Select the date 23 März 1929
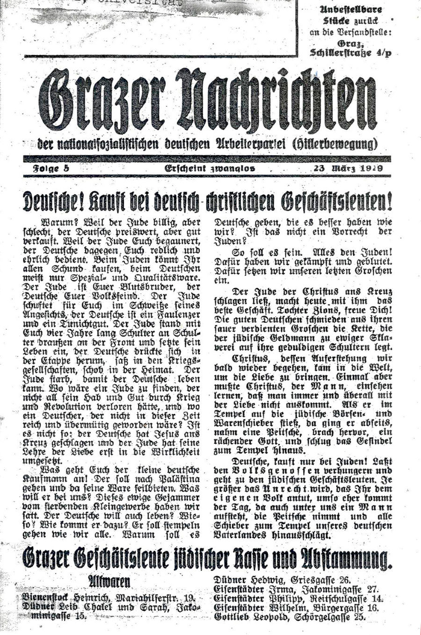[348, 168]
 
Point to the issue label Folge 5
[51, 168]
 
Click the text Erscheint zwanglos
[210, 168]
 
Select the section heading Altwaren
[109, 581]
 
